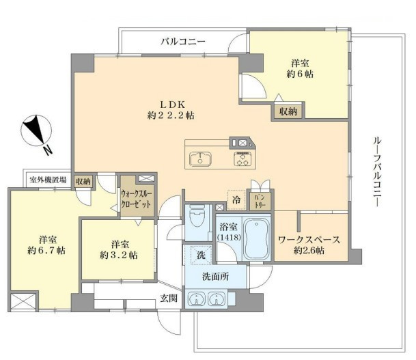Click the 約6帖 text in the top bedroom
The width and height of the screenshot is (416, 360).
tap(300, 74)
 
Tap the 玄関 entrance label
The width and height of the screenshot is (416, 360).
tap(169, 298)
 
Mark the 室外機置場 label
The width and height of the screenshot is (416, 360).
tap(48, 180)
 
